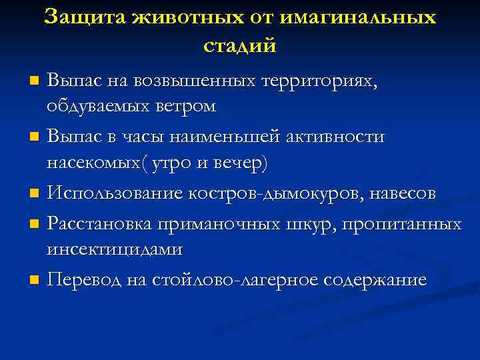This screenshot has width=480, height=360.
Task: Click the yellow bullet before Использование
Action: coord(35,195)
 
